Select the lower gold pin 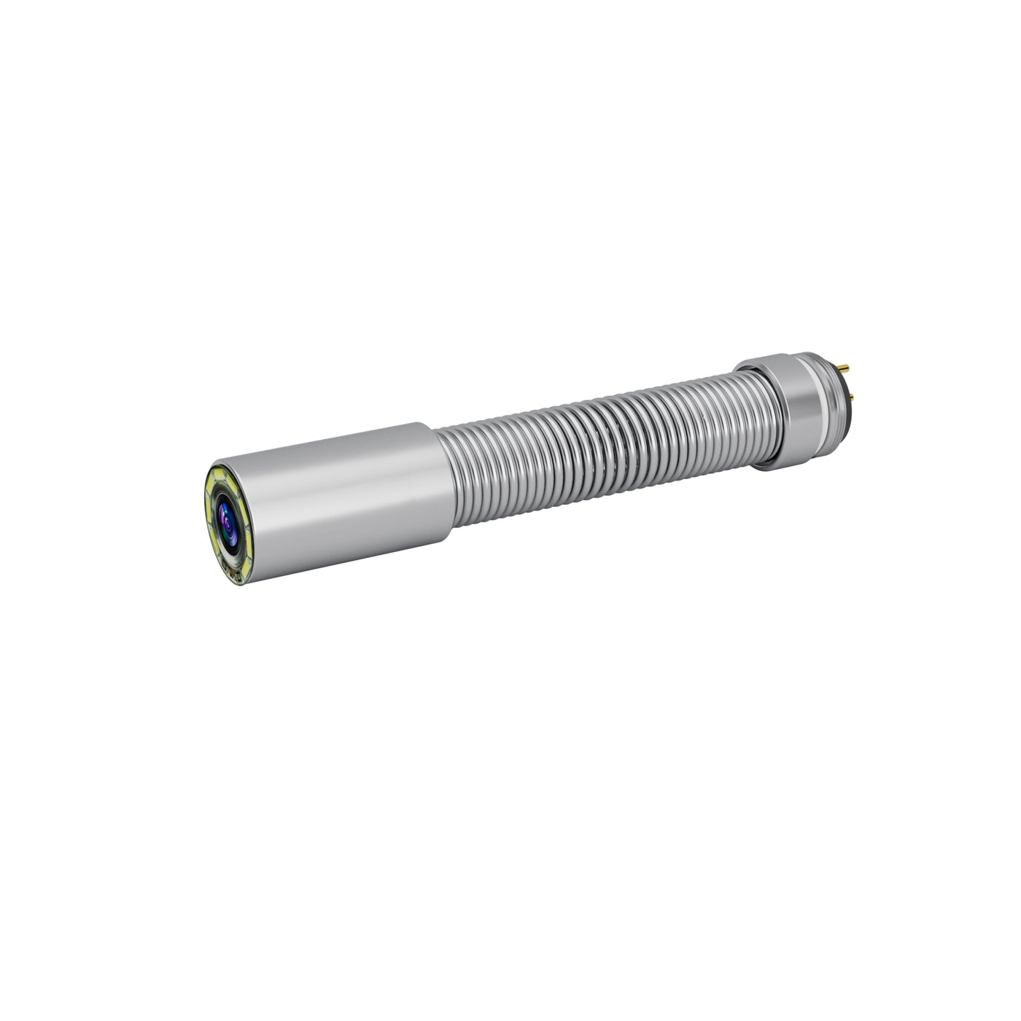[851, 397]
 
